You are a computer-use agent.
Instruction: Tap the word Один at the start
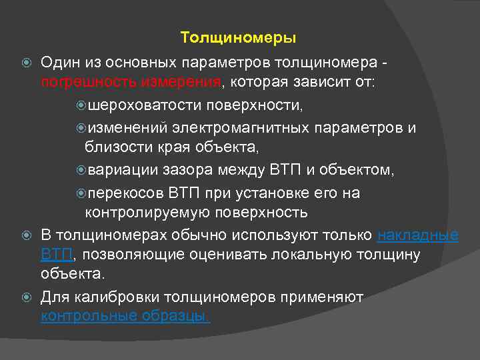(x=59, y=62)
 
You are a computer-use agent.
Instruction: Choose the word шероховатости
(x=145, y=105)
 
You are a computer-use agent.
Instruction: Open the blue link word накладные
(x=417, y=235)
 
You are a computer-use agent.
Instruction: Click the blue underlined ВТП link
(x=57, y=255)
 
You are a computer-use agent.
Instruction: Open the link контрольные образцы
(x=125, y=316)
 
